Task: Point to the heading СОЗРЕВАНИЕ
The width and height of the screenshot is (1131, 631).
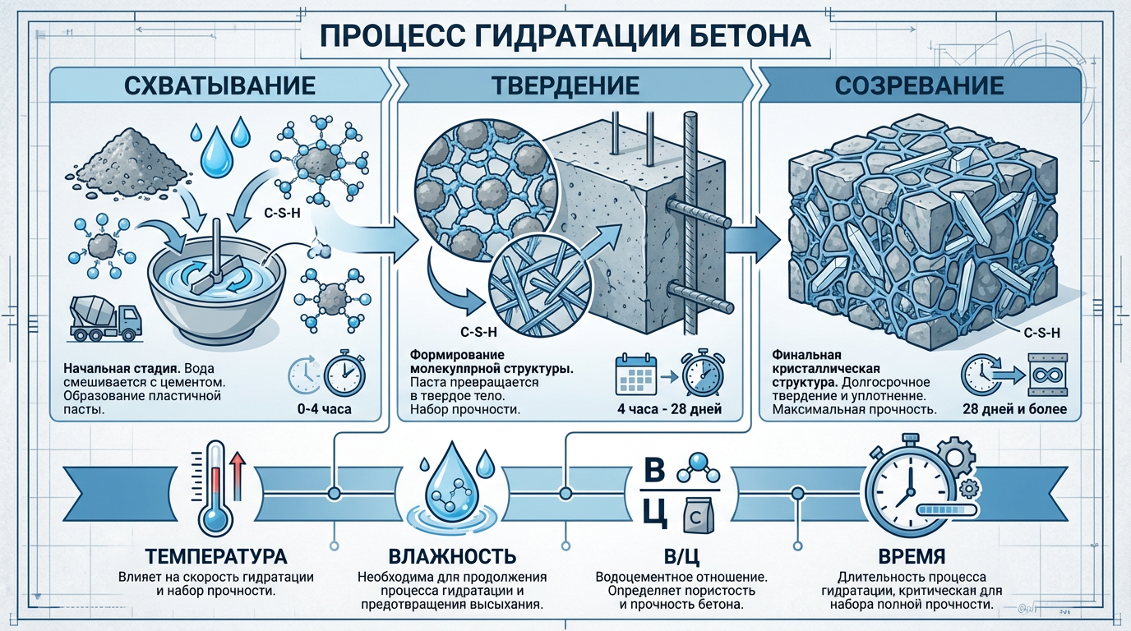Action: [x=919, y=85]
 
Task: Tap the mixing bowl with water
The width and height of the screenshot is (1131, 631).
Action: [x=215, y=284]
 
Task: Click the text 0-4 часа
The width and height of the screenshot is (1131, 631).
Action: [x=326, y=408]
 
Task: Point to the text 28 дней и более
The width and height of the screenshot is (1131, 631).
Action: [x=1013, y=408]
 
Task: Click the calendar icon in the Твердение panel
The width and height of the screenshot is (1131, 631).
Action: [x=634, y=377]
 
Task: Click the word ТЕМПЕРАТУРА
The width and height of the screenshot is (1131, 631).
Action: [x=215, y=555]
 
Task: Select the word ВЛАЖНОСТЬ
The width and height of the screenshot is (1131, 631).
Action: [x=447, y=555]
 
